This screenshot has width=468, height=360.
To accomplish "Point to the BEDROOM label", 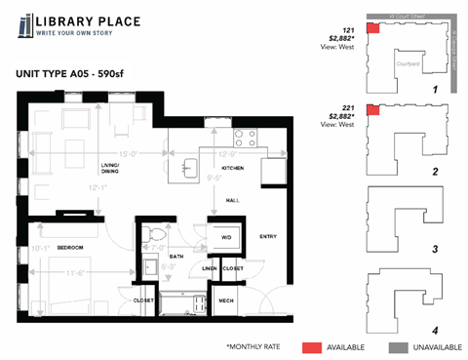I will pyautogui.click(x=69, y=248).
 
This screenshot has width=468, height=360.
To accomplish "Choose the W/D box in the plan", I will pyautogui.click(x=225, y=237).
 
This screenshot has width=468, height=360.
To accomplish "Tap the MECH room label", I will pyautogui.click(x=225, y=300).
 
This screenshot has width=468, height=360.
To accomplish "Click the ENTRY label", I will pyautogui.click(x=267, y=237).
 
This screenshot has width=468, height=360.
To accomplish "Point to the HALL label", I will pyautogui.click(x=232, y=200).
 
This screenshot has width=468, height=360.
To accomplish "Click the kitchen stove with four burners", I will pyautogui.click(x=245, y=137).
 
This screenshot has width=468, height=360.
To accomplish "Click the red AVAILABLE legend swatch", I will pyautogui.click(x=311, y=346).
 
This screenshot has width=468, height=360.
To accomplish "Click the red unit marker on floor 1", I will pyautogui.click(x=372, y=28).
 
